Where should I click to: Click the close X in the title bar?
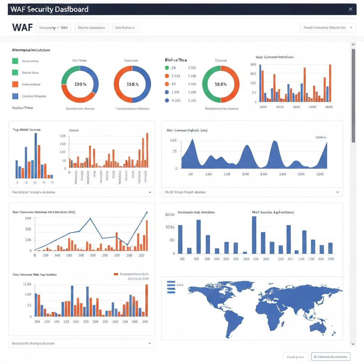(x=350, y=9)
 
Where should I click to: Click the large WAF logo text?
(x=22, y=27)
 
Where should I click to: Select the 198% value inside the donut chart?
(x=80, y=84)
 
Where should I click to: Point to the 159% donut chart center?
(x=132, y=84)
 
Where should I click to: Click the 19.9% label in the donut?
(x=221, y=84)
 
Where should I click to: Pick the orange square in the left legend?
(x=15, y=84)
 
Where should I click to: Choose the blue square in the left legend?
(x=15, y=96)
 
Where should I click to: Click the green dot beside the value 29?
(x=167, y=68)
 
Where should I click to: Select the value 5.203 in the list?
(x=176, y=100)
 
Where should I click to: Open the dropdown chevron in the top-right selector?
(x=351, y=27)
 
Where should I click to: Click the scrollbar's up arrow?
(x=353, y=45)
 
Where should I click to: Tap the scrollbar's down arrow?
(x=353, y=344)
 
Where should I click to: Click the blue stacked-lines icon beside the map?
(x=171, y=287)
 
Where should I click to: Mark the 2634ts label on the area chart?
(x=321, y=137)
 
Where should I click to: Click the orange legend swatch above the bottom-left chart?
(x=116, y=274)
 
